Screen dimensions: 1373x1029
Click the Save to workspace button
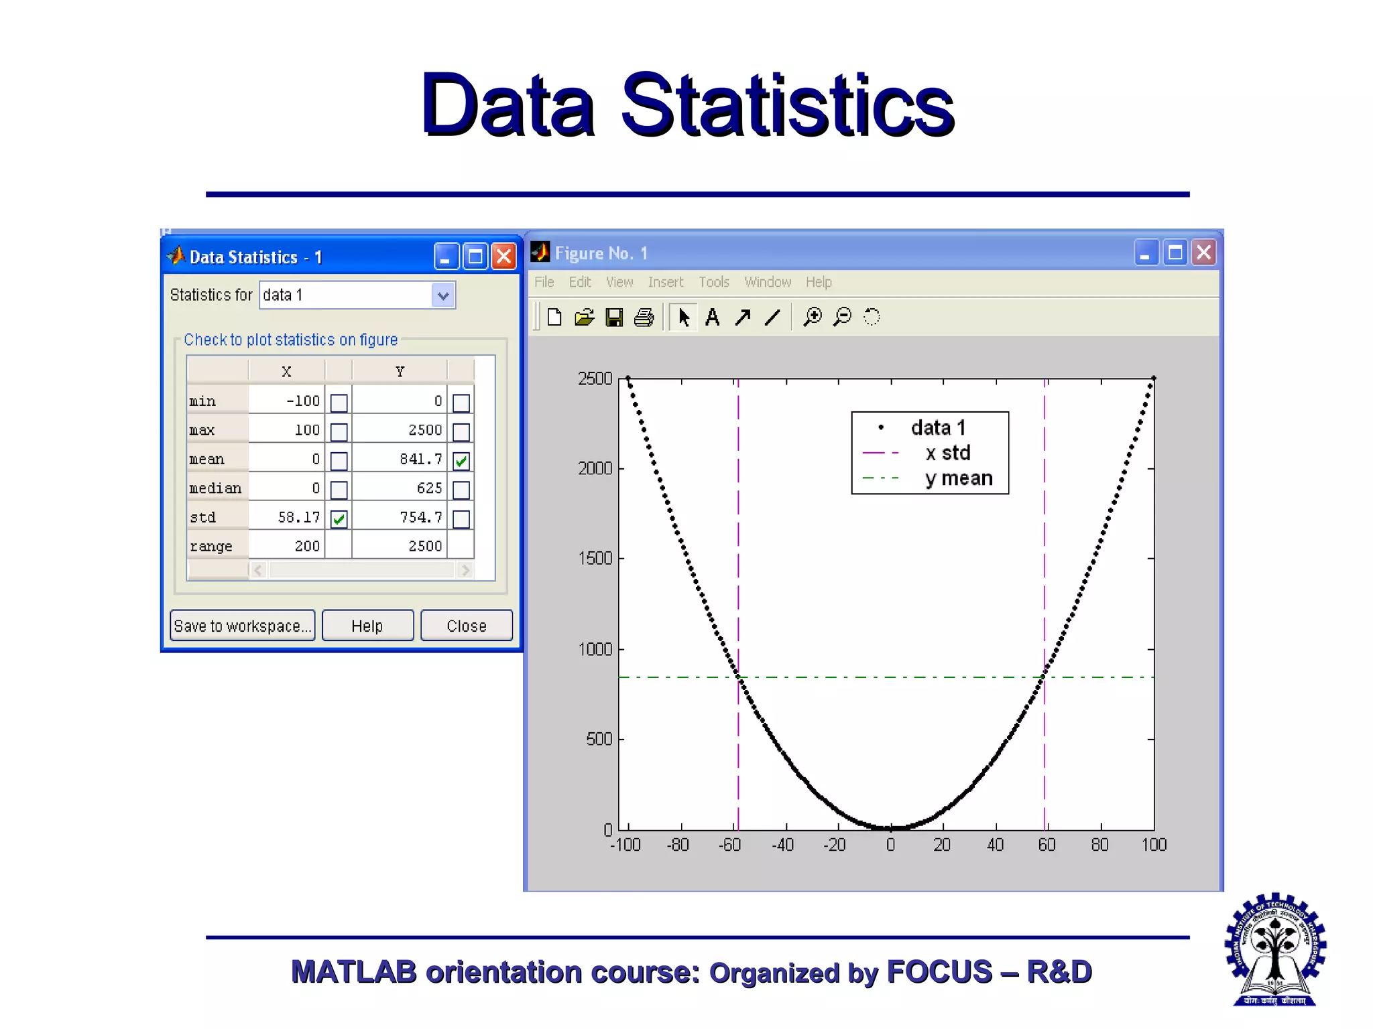(x=242, y=626)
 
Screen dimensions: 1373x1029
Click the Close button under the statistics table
(x=466, y=626)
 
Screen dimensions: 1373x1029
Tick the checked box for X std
(x=339, y=519)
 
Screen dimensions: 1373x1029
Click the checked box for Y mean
(x=461, y=461)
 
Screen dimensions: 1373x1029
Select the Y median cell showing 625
(x=400, y=488)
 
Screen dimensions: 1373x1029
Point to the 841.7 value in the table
(x=420, y=459)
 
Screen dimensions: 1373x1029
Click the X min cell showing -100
(x=288, y=401)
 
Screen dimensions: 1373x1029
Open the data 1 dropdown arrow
(x=442, y=295)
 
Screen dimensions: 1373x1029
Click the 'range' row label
(x=211, y=547)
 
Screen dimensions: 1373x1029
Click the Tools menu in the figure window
(x=713, y=282)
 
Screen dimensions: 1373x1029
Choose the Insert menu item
(x=665, y=282)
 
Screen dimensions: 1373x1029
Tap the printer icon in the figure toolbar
(x=644, y=317)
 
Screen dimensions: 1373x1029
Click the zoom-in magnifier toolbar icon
(x=813, y=317)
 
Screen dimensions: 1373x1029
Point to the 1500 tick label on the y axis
(x=595, y=558)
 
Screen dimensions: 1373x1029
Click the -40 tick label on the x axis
(x=782, y=845)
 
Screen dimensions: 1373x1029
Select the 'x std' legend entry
(x=947, y=453)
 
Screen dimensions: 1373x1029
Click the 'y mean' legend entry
(x=958, y=478)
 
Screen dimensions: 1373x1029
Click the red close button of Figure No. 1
(x=1204, y=253)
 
